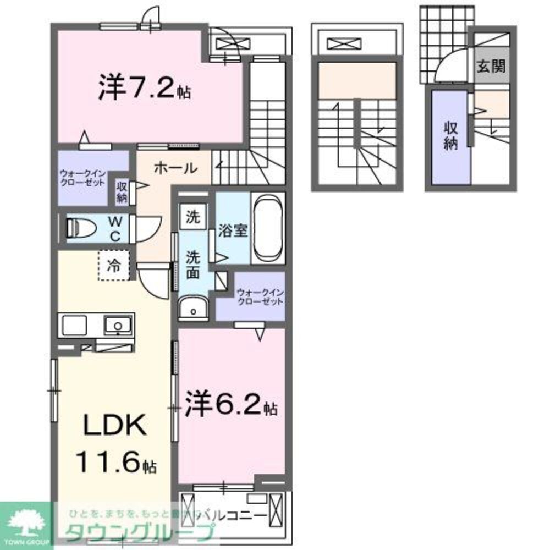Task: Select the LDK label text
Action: (114, 426)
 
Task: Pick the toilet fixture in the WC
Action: (81, 228)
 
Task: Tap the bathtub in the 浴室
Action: (268, 229)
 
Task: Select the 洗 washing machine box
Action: (192, 216)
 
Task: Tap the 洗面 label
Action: (192, 264)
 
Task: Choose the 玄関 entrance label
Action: (491, 67)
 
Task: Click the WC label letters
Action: (115, 228)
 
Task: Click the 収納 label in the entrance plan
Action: (451, 136)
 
